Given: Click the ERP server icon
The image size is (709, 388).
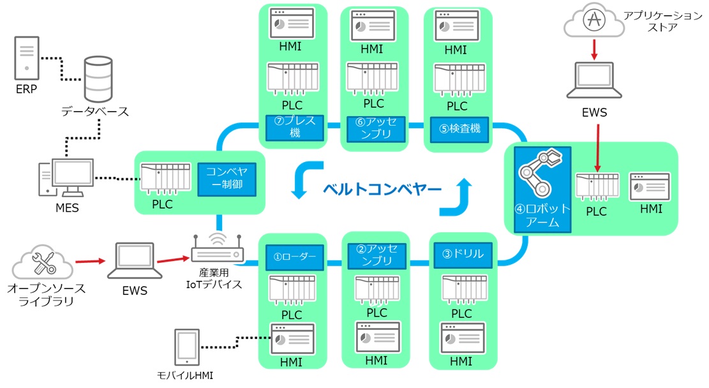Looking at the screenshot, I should click(x=27, y=56).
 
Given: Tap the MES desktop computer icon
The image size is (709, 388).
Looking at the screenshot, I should click(x=66, y=177).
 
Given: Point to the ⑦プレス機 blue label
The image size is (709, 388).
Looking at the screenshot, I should click(x=295, y=126).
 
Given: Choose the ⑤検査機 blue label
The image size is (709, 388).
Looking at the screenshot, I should click(x=459, y=128).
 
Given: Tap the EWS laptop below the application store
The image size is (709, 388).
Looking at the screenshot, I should click(x=594, y=80).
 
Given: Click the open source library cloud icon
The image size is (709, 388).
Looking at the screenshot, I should click(x=43, y=262).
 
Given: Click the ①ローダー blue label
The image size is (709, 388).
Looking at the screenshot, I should click(x=294, y=257).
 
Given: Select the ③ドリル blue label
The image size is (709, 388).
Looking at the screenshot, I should click(x=463, y=254).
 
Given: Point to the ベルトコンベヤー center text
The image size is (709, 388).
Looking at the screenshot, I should click(x=382, y=189).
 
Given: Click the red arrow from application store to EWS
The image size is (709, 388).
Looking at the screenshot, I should click(x=593, y=49).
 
